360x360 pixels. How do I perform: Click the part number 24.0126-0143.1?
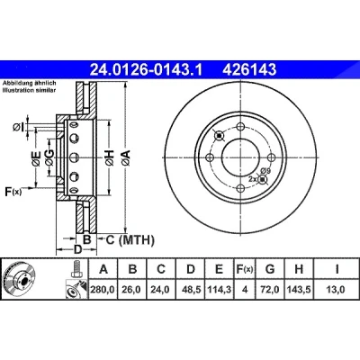tap(147, 70)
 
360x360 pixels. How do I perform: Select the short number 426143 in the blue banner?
tap(249, 70)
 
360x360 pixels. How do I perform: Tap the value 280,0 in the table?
tap(103, 290)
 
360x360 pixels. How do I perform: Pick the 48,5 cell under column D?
tap(191, 290)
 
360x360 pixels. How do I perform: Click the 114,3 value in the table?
tap(219, 290)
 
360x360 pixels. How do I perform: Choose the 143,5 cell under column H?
tap(299, 290)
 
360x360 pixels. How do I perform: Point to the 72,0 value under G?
tap(270, 290)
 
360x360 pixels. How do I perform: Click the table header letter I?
tap(337, 269)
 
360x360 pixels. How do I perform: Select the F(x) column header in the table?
tap(245, 269)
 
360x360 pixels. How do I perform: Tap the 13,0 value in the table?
tap(337, 290)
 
